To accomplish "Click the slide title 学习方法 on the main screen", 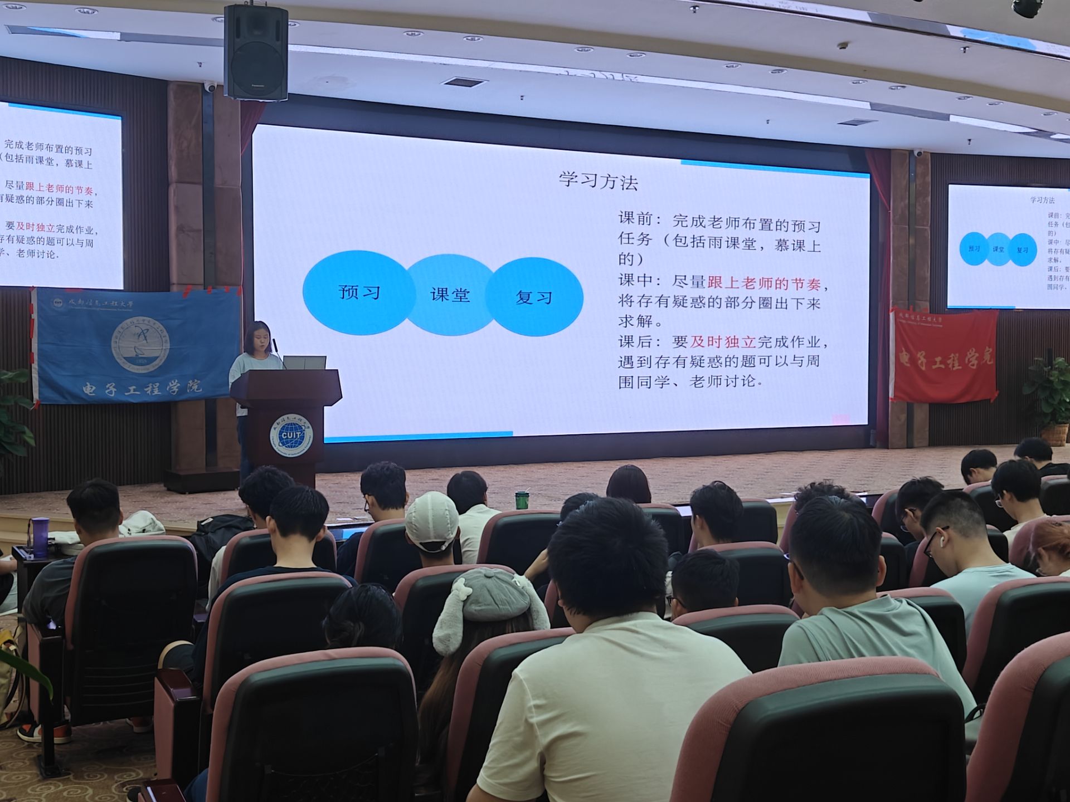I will coord(598,181).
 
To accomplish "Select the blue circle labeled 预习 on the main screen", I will coord(358,292).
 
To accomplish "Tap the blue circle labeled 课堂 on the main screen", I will coord(450,295).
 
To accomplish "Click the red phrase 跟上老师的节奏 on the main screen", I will coord(763,283).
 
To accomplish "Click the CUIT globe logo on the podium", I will coord(291,434).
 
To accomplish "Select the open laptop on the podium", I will coord(304,363).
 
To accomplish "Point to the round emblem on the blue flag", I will coord(140,343).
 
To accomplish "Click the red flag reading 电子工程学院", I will coord(944,357).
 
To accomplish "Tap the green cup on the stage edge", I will coord(521,500).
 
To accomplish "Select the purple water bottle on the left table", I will coord(40,536).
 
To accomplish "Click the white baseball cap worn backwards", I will coord(432,521).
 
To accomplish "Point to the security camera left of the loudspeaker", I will coord(210,86).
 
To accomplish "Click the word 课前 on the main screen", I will coord(636,218).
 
